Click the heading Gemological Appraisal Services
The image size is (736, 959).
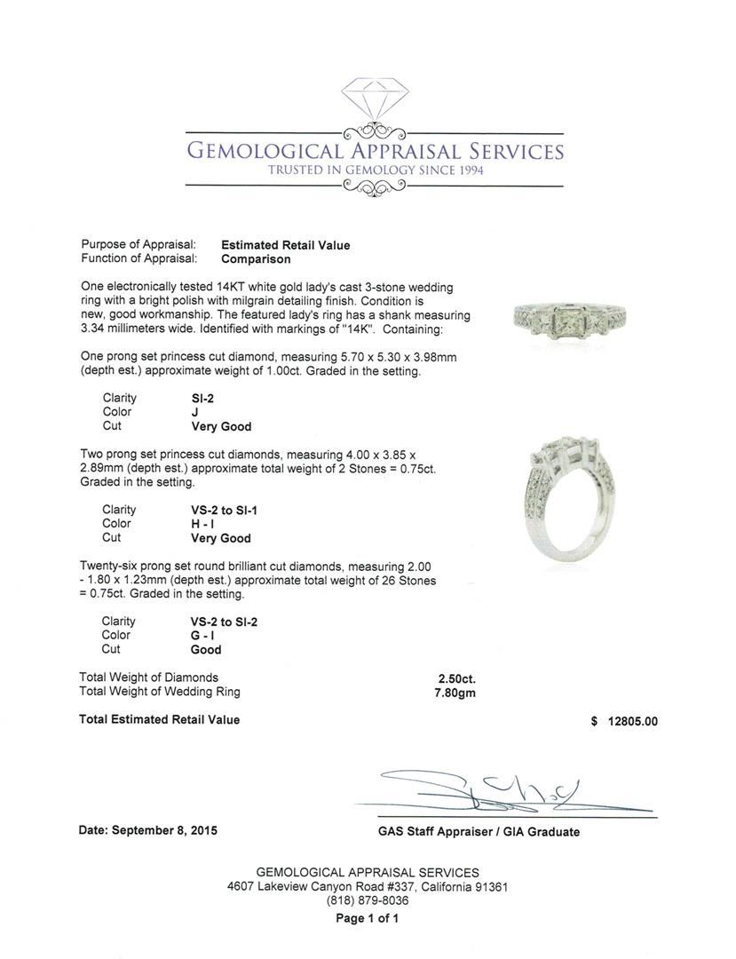point(374,151)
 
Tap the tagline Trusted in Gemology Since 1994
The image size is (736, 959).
point(374,170)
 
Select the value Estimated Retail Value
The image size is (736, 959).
point(285,245)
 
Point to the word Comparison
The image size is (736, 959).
point(256,259)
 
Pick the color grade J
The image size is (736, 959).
point(183,413)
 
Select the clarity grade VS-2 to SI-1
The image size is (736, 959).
point(219,510)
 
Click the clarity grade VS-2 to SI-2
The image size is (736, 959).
point(219,622)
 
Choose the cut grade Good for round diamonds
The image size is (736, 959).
point(194,650)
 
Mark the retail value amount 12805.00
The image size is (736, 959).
point(632,721)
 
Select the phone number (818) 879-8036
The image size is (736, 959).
point(368,900)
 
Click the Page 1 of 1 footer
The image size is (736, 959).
point(368,918)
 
